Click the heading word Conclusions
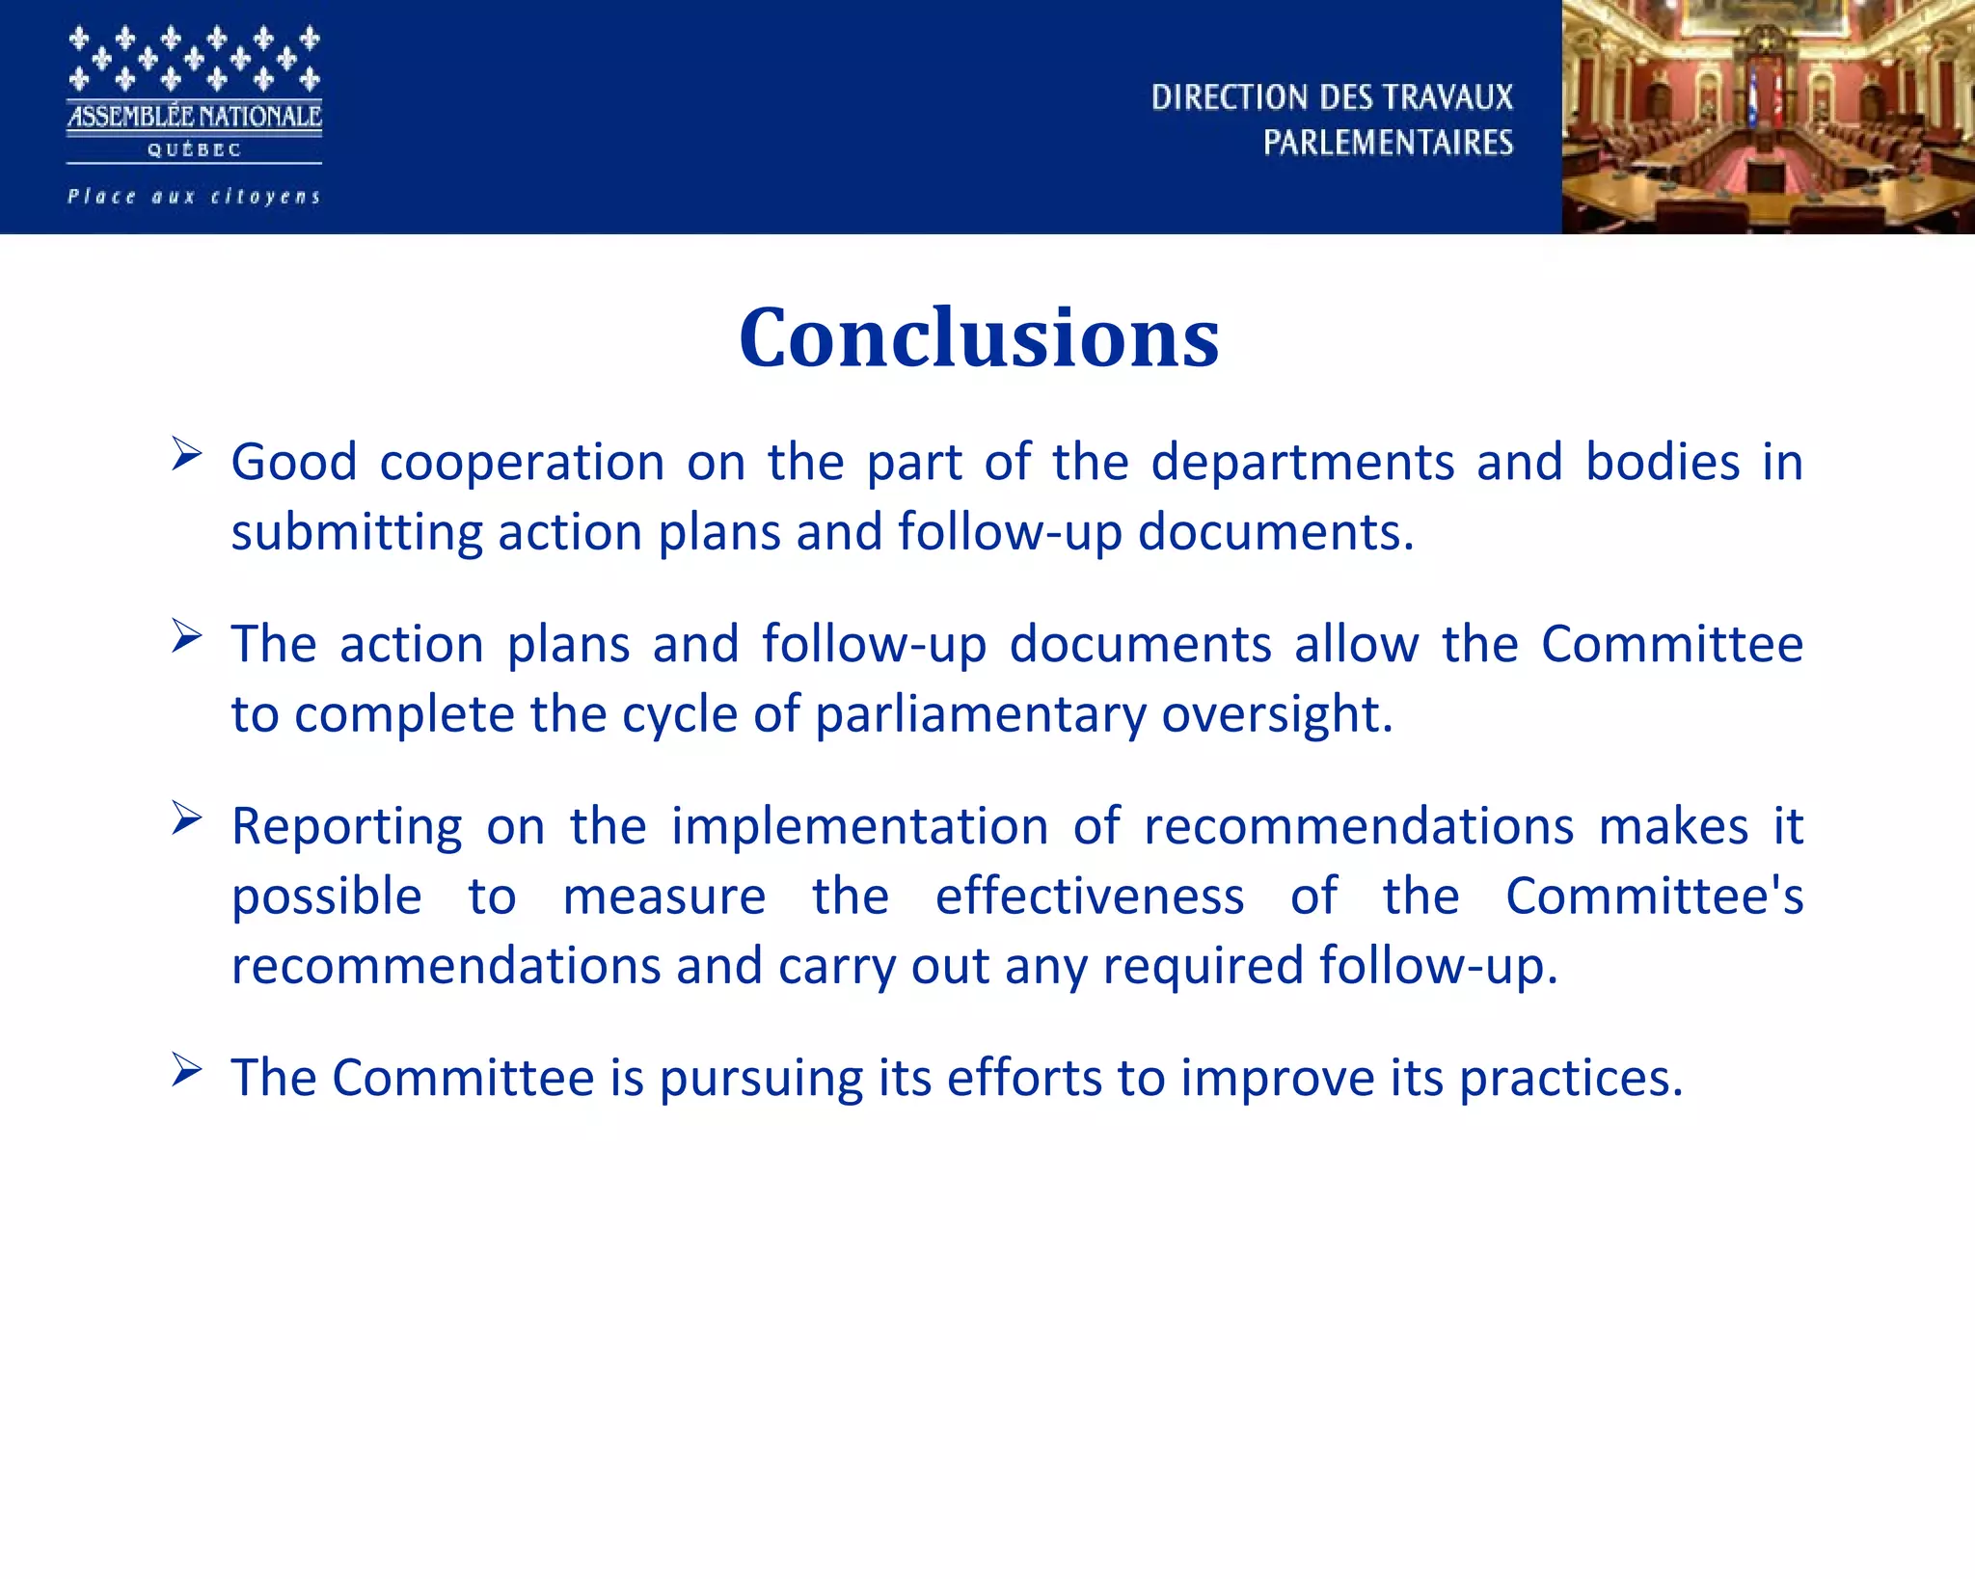point(979,337)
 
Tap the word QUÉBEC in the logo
point(194,150)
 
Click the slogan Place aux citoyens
point(194,197)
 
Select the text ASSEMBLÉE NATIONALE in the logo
point(194,117)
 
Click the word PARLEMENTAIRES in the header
point(1388,143)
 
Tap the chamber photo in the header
point(1768,117)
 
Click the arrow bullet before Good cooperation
point(186,453)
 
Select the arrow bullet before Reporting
point(186,818)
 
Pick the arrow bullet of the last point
point(186,1070)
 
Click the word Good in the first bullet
point(293,462)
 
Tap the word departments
point(1302,462)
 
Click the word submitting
point(356,532)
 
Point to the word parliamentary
point(980,715)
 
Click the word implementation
point(859,827)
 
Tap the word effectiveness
point(1090,897)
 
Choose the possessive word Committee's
point(1654,897)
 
